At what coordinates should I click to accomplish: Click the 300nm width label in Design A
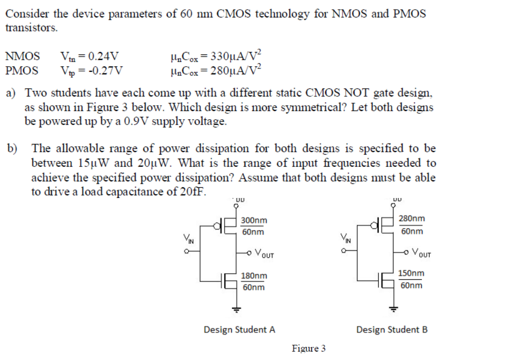point(254,220)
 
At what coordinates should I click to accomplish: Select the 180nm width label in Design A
point(254,276)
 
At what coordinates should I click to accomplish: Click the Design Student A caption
point(239,329)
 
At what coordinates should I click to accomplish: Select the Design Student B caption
point(392,329)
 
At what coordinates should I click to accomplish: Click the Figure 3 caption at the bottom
point(308,348)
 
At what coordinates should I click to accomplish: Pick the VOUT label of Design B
point(418,252)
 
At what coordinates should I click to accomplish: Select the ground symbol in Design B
point(394,307)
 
